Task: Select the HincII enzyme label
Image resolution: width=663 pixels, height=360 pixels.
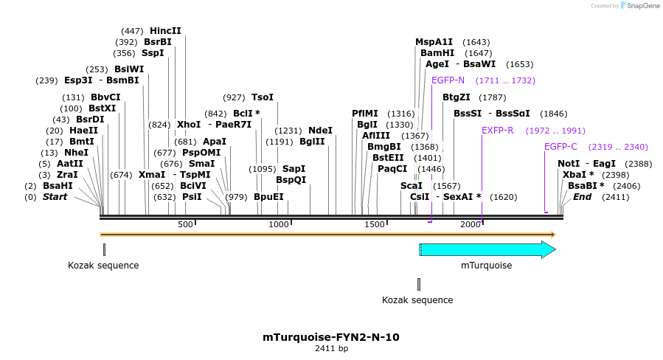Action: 165,31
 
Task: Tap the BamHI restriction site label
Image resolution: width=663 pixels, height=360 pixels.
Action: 437,53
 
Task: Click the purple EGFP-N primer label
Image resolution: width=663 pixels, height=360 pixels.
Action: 448,80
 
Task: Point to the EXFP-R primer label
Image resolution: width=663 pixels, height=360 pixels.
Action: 497,131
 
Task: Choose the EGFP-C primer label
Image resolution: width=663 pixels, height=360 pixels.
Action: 560,147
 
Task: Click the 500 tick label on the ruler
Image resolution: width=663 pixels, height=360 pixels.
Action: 184,224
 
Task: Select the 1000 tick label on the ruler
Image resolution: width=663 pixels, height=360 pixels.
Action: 279,224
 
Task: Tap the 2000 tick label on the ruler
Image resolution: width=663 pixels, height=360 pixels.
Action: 470,224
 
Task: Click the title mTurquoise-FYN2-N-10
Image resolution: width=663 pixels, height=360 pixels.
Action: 331,337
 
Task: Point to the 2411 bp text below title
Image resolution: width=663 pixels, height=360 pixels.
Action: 331,349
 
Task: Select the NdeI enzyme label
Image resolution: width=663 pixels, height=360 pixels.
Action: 320,131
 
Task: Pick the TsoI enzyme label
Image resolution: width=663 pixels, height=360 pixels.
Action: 262,97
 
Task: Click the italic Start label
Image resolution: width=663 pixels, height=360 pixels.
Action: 55,197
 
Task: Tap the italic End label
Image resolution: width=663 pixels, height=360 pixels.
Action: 582,197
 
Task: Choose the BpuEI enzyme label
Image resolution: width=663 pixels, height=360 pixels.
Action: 268,197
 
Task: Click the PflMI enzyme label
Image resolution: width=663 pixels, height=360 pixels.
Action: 364,114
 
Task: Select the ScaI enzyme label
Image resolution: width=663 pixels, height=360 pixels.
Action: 411,186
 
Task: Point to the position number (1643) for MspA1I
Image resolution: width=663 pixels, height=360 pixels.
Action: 476,42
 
